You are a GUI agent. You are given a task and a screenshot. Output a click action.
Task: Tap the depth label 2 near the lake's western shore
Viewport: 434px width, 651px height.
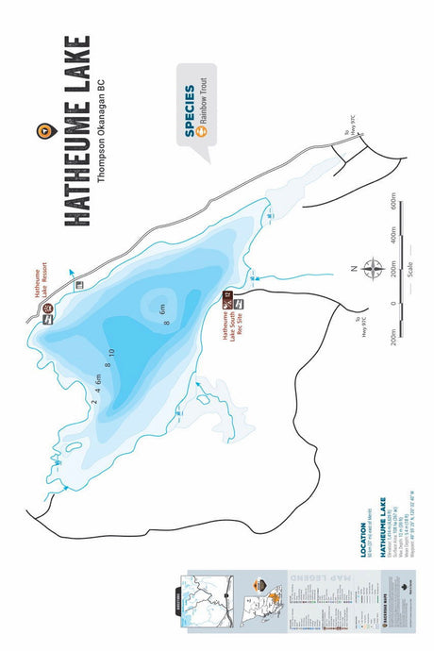pos(94,400)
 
